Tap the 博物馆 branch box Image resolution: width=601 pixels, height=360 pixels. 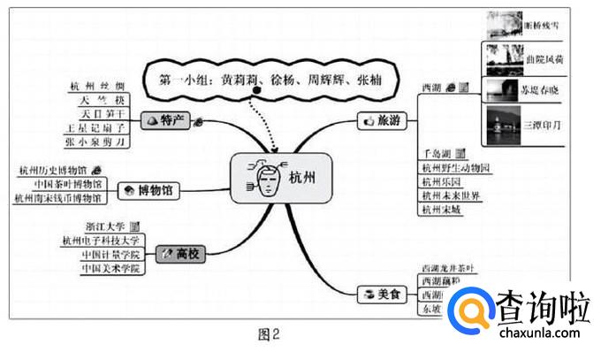pos(148,189)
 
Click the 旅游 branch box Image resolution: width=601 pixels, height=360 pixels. pos(382,119)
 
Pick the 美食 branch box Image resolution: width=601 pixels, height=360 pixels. pos(382,292)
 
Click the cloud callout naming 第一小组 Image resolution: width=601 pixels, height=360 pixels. pos(255,76)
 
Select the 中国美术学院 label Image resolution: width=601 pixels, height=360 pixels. pos(110,268)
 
